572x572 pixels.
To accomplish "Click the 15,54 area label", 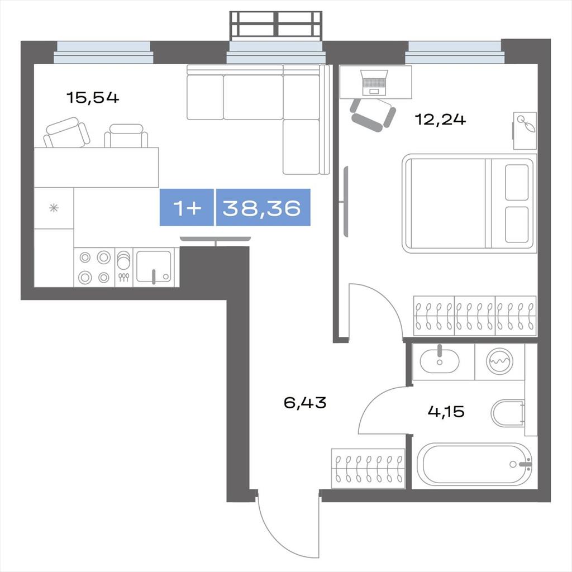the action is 93,98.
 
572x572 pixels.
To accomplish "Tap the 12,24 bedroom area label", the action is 440,120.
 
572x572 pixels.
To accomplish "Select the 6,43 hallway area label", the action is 305,403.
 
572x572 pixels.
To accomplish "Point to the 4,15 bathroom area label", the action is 446,412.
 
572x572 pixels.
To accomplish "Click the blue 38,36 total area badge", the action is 263,208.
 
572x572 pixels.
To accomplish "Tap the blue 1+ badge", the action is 187,208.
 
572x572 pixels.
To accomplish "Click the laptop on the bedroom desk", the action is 374,83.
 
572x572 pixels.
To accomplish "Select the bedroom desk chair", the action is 373,115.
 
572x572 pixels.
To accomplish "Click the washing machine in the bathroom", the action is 499,361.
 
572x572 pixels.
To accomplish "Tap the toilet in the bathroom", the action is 507,413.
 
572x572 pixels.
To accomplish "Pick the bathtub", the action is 474,464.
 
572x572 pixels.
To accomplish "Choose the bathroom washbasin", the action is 439,361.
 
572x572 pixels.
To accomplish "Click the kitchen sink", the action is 154,266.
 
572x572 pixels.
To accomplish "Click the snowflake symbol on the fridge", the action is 54,208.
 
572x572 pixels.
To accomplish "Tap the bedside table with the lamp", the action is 525,131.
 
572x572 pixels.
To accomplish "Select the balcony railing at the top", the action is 276,23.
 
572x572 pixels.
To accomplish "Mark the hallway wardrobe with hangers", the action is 368,469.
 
